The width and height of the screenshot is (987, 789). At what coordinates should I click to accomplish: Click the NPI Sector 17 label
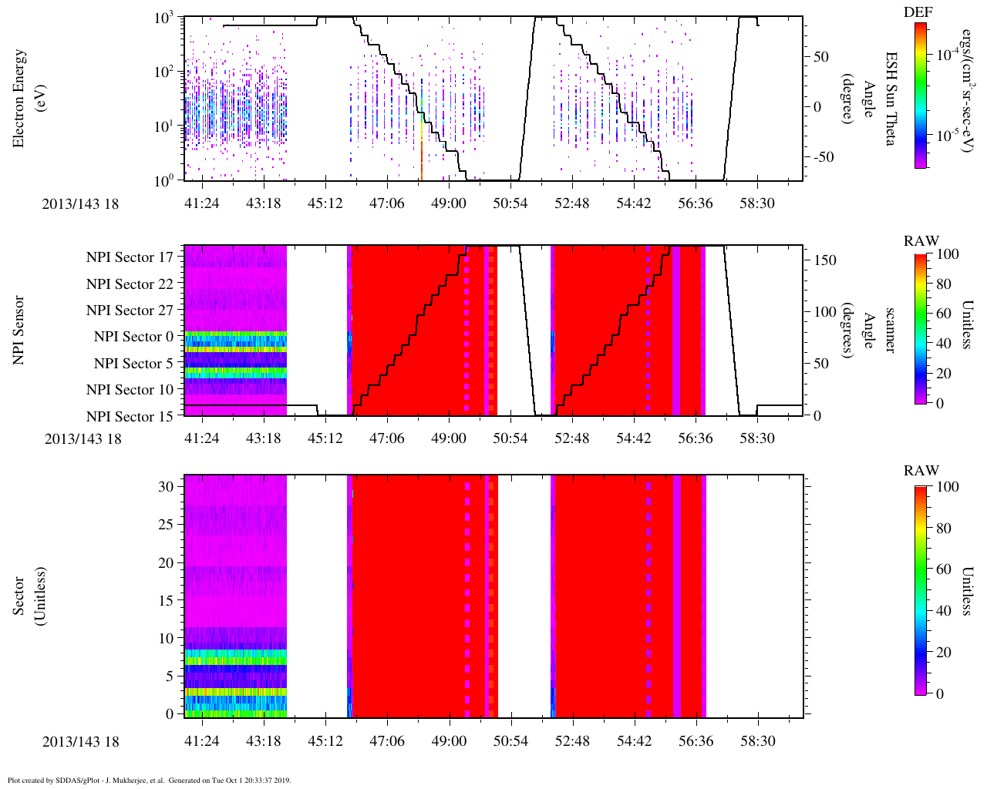[130, 257]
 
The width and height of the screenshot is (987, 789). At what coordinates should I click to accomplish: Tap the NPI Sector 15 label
[130, 417]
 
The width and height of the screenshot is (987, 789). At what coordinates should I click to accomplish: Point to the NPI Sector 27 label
[130, 311]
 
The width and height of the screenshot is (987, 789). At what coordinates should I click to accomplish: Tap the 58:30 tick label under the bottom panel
[757, 740]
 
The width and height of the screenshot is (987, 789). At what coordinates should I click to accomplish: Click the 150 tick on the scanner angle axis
[826, 260]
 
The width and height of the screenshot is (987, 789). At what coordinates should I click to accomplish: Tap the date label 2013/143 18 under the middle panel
[83, 439]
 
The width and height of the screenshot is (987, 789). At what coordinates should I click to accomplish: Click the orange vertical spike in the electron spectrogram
[422, 158]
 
